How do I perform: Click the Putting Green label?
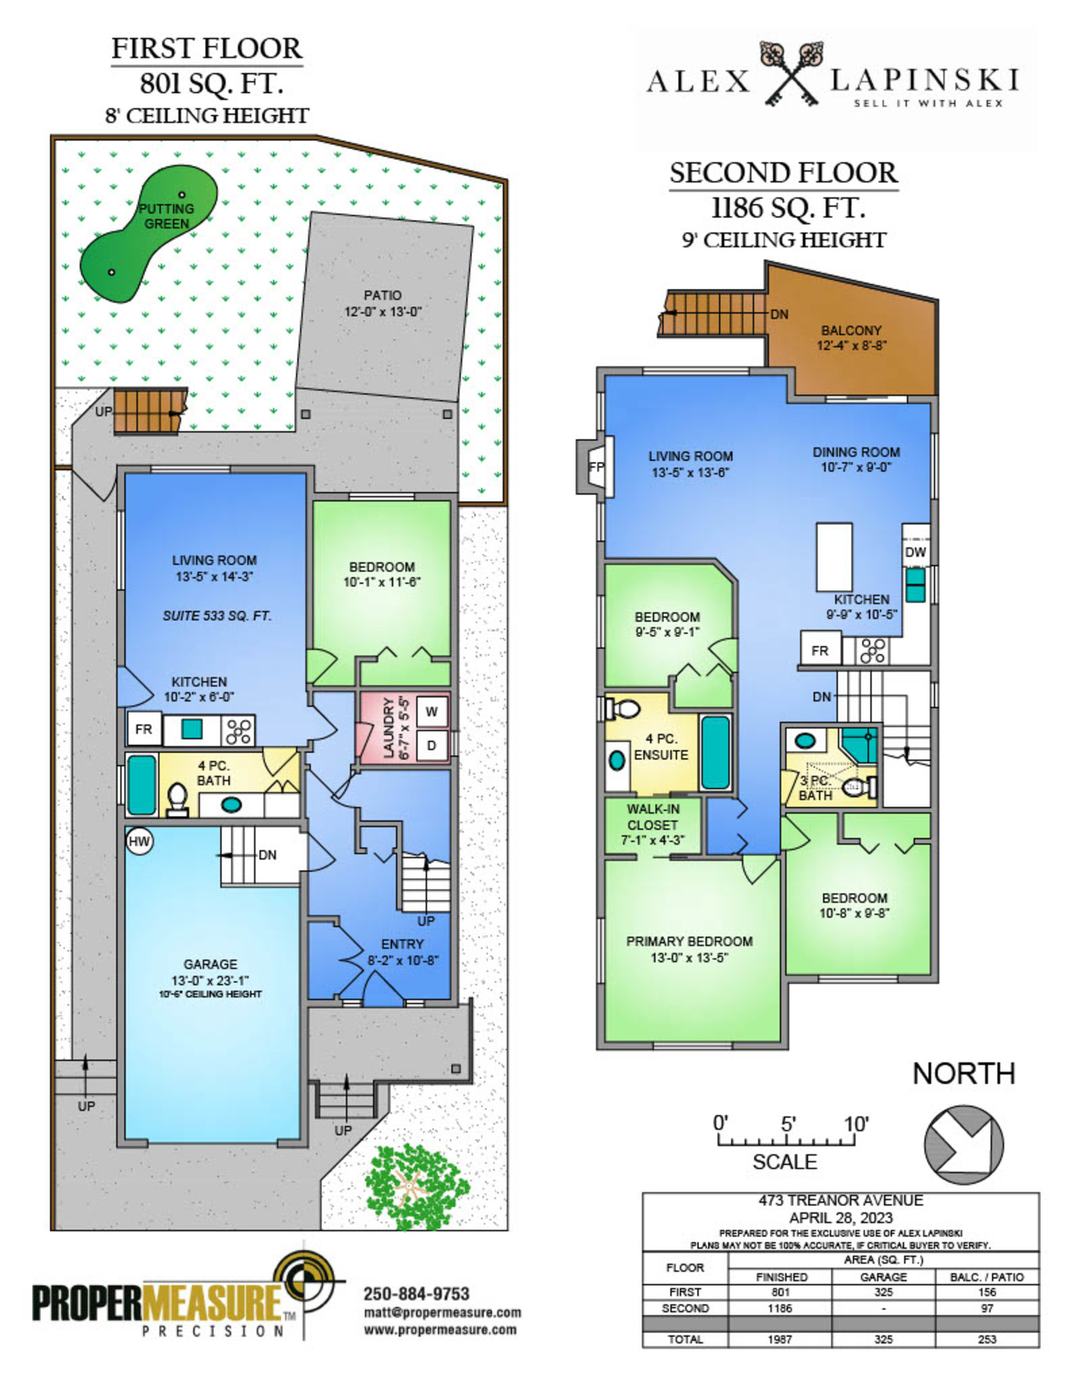pos(166,216)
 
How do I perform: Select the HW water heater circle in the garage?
pos(139,841)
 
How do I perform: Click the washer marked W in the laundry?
pos(432,712)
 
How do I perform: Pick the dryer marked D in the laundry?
pos(432,745)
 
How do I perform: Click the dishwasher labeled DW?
pos(915,552)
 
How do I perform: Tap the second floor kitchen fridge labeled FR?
pos(820,650)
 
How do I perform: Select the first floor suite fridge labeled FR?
pos(144,729)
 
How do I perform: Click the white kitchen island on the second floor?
pos(834,557)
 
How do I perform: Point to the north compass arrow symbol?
pos(964,1145)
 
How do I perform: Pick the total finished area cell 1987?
pos(780,1339)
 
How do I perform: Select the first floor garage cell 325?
pos(883,1292)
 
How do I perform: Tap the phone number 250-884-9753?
pos(416,1294)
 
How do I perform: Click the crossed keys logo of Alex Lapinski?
pos(790,74)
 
